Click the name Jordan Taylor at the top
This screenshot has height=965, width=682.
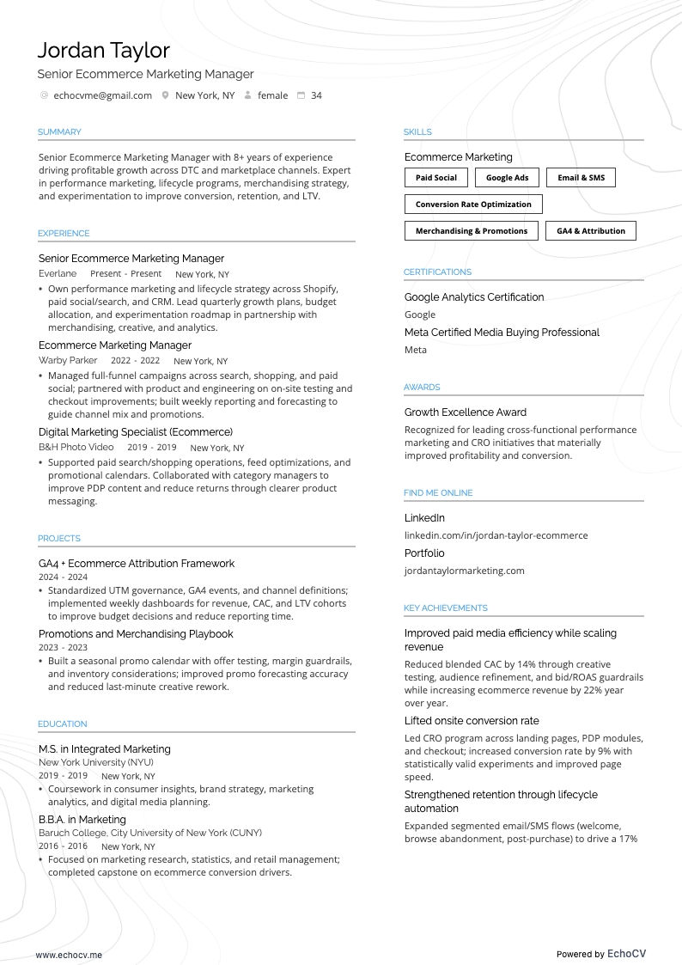coord(104,50)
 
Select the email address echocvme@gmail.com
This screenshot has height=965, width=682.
coord(102,95)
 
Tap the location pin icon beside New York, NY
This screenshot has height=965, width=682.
coord(165,95)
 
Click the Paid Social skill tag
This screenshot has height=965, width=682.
coord(436,178)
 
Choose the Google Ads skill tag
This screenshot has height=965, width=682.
coord(507,178)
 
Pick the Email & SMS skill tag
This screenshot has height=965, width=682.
coord(581,178)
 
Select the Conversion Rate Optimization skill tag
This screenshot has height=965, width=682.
coord(473,205)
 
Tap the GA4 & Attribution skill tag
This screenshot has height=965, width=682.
coord(591,231)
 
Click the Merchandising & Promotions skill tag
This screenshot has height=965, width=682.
coord(472,231)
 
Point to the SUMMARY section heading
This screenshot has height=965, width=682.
coord(59,132)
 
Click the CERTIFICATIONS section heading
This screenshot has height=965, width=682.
coord(437,272)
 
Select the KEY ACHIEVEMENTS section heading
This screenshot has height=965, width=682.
coord(445,608)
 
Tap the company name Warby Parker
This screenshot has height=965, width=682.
coord(68,361)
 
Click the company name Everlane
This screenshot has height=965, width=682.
coord(58,274)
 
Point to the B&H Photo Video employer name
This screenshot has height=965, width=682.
coord(76,448)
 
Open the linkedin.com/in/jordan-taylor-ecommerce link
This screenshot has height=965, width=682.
coord(496,535)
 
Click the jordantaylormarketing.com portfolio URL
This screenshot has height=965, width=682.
coord(464,571)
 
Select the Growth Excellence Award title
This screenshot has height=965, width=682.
coord(465,412)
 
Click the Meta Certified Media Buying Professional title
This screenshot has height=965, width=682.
coord(502,333)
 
